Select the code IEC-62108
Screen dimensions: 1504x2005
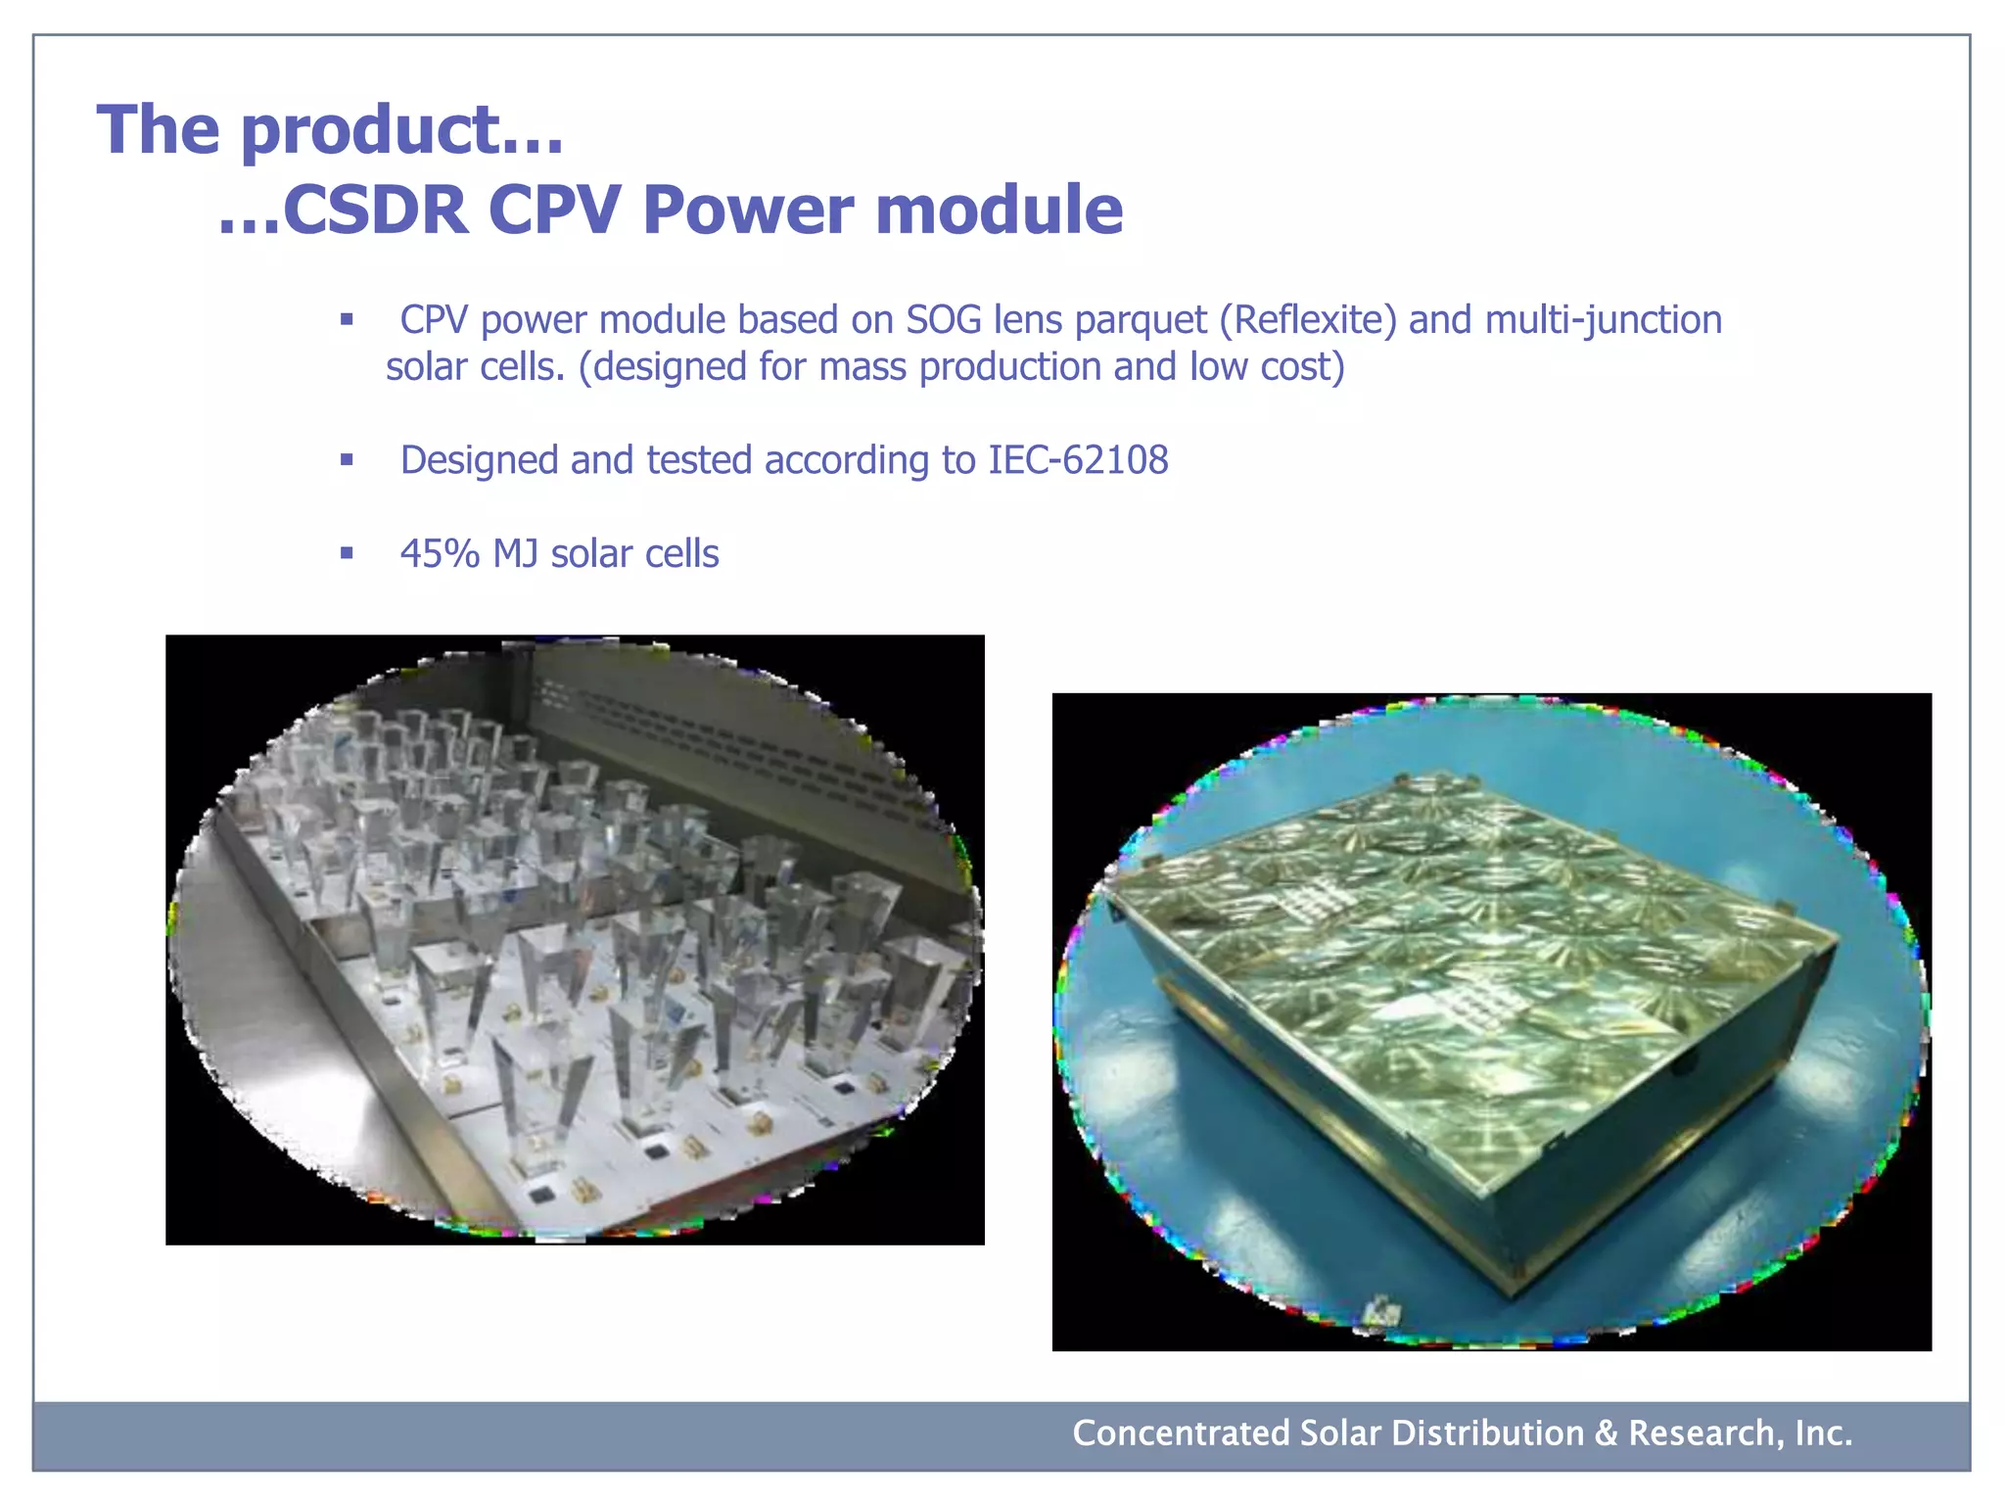click(1078, 460)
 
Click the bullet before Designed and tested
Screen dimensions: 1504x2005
click(347, 459)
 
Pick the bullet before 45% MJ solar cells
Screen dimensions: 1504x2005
click(347, 553)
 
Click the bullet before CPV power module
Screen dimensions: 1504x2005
click(347, 319)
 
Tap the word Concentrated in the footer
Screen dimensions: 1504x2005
click(1181, 1433)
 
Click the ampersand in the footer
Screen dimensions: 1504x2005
click(1606, 1433)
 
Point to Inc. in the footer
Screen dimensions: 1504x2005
click(1823, 1433)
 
